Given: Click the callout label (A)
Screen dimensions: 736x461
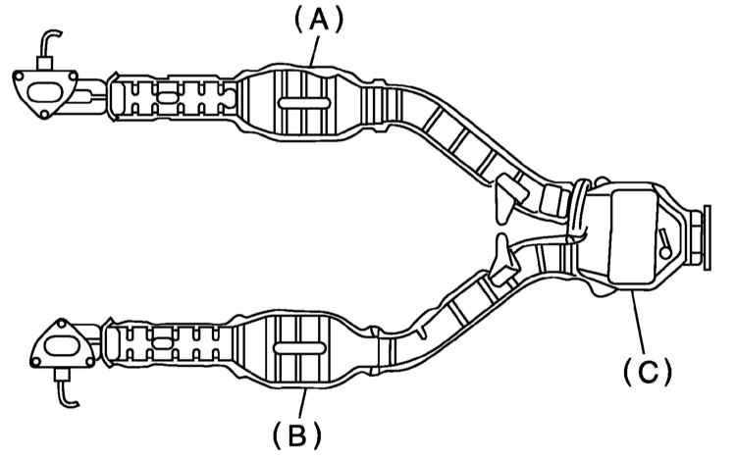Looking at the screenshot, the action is pos(319,22).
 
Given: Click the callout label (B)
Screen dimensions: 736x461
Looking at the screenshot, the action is pos(297,435).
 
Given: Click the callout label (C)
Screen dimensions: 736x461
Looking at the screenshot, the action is pos(648,371).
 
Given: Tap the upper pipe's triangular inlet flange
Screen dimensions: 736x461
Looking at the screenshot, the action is pos(44,93).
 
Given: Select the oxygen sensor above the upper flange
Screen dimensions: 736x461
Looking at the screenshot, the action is pos(46,51).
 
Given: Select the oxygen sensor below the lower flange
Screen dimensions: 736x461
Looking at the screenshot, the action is pos(65,386).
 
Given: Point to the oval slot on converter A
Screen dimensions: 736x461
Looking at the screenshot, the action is pos(304,103).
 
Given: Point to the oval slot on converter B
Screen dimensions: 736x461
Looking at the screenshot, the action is pos(300,347).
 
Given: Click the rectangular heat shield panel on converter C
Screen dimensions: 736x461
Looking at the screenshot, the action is pos(633,236).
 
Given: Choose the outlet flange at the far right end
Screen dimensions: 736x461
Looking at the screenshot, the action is pos(702,237).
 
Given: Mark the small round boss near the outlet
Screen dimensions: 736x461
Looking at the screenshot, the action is pos(665,252).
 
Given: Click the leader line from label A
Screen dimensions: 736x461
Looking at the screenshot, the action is pos(314,51).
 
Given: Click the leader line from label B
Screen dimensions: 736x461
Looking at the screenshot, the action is pos(303,403).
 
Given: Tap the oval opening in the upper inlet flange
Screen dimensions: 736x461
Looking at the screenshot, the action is pos(43,92).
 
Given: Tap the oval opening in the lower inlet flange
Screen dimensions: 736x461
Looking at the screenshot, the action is pos(61,347).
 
